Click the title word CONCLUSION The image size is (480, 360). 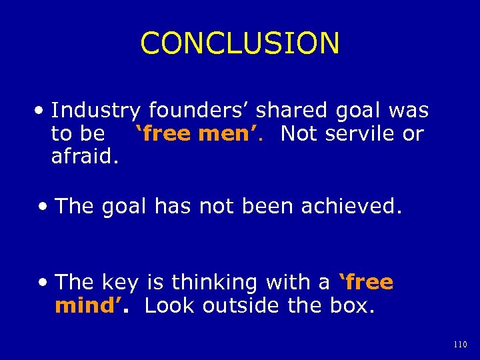pos(240,43)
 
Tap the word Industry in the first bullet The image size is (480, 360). pos(96,111)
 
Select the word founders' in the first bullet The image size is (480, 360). pos(199,111)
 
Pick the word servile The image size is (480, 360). pos(361,133)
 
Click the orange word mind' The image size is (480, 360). pos(85,306)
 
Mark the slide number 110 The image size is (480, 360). pos(460,345)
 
